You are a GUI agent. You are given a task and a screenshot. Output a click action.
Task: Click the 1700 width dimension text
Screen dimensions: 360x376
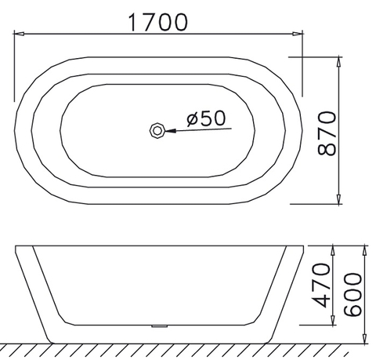click(x=158, y=21)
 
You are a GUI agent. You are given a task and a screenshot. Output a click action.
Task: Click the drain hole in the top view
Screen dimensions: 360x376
click(x=157, y=129)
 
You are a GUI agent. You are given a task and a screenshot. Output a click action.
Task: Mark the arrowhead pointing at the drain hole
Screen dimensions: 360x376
click(x=168, y=129)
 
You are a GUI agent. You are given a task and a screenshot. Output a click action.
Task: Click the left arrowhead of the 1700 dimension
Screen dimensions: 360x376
click(x=21, y=34)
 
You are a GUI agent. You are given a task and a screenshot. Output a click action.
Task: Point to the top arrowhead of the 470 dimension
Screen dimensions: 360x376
click(x=334, y=248)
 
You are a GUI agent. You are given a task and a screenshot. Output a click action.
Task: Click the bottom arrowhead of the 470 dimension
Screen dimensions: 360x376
click(x=334, y=322)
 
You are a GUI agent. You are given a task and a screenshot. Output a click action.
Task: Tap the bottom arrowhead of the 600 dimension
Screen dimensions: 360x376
click(x=365, y=340)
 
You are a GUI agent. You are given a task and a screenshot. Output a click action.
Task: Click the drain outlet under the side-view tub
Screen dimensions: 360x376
click(x=159, y=325)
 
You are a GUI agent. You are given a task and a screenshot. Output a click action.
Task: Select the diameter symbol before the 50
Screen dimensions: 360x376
click(x=193, y=118)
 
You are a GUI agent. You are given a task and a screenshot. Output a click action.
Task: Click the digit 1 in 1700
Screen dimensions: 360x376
click(x=134, y=21)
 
